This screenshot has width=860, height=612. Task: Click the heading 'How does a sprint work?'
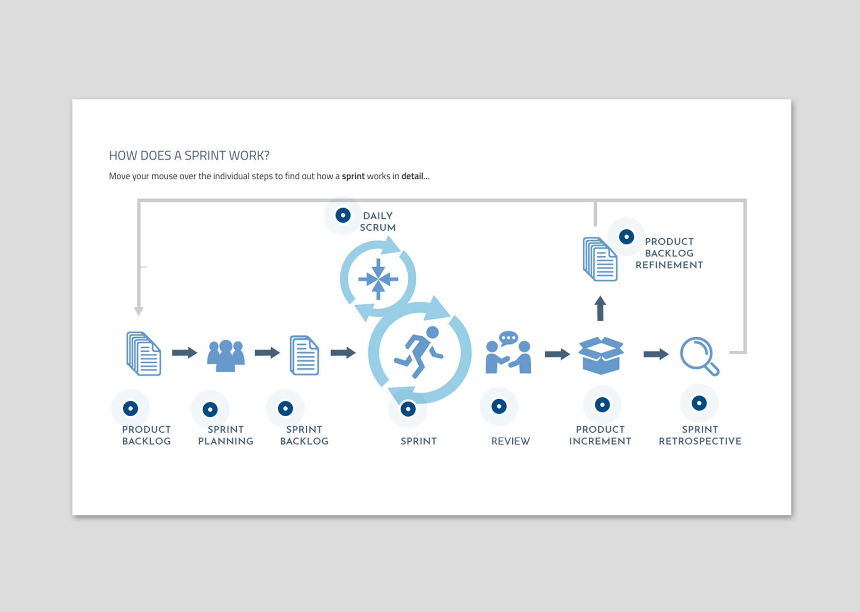coord(189,156)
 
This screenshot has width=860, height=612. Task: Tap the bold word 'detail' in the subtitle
coord(412,176)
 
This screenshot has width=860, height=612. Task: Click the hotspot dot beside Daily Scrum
coord(343,216)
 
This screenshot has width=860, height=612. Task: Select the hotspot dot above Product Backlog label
coord(130,408)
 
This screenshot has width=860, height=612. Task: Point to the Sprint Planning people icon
coord(226,355)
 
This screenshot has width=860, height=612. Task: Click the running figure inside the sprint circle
coord(419,352)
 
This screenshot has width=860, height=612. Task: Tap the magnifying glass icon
coord(699,356)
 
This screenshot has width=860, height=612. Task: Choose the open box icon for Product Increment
coord(601,355)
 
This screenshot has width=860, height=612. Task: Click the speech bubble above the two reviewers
coord(508,338)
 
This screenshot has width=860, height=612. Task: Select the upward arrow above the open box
coord(600,308)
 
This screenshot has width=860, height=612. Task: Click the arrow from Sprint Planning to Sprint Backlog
coord(267,353)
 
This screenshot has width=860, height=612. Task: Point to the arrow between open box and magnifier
coord(656,354)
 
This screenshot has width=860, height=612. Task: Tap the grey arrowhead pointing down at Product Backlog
coord(138,311)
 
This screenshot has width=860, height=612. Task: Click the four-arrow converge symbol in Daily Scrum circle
coord(378,279)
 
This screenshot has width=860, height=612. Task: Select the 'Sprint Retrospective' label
coord(700,435)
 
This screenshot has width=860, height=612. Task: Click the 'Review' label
coord(510,441)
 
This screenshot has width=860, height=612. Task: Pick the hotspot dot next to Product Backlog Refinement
coord(627,236)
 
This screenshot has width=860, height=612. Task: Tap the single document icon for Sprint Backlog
coord(304,355)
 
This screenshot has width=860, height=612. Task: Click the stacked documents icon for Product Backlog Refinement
coord(600,259)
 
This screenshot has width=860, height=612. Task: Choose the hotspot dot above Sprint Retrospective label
coord(699,403)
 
